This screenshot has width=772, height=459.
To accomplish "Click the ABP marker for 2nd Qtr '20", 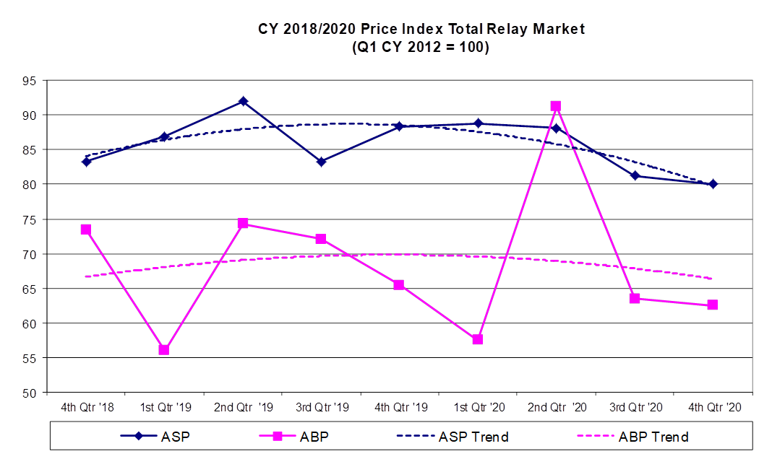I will click(x=555, y=106).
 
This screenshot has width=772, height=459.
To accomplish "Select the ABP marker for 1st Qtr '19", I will click(x=164, y=349).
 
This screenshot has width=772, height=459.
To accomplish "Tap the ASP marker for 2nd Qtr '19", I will click(x=243, y=101).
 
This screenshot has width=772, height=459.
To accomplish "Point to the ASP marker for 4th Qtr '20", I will click(x=713, y=184).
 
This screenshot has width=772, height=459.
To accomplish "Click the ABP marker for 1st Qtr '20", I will click(x=477, y=339).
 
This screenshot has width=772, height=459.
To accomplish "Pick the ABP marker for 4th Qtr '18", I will click(x=85, y=229).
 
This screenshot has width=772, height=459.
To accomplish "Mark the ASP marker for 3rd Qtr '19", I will click(x=321, y=161).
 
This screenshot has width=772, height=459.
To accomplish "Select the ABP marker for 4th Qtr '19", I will click(x=399, y=284).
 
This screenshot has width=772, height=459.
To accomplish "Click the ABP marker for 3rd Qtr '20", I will click(x=635, y=298).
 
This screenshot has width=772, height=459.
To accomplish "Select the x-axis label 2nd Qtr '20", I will click(x=555, y=408).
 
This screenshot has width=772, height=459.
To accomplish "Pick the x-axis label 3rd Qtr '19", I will click(x=321, y=408).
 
